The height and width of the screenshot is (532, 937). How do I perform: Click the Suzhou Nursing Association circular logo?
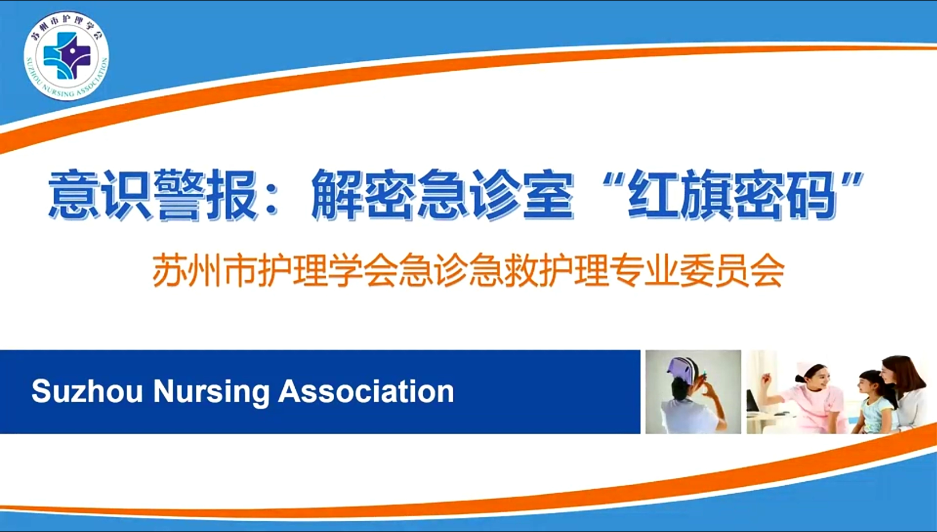[67, 56]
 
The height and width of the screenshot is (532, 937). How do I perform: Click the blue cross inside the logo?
[67, 56]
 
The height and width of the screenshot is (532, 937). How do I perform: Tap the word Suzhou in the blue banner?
[87, 391]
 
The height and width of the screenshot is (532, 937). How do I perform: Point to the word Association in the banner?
[366, 391]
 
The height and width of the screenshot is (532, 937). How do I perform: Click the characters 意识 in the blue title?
[100, 195]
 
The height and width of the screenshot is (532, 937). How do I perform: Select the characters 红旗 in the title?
[680, 195]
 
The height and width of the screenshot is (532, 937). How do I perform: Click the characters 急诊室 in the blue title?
[496, 195]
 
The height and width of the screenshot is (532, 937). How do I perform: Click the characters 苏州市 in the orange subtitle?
[204, 271]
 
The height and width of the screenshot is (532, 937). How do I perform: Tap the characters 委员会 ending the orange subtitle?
[732, 271]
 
